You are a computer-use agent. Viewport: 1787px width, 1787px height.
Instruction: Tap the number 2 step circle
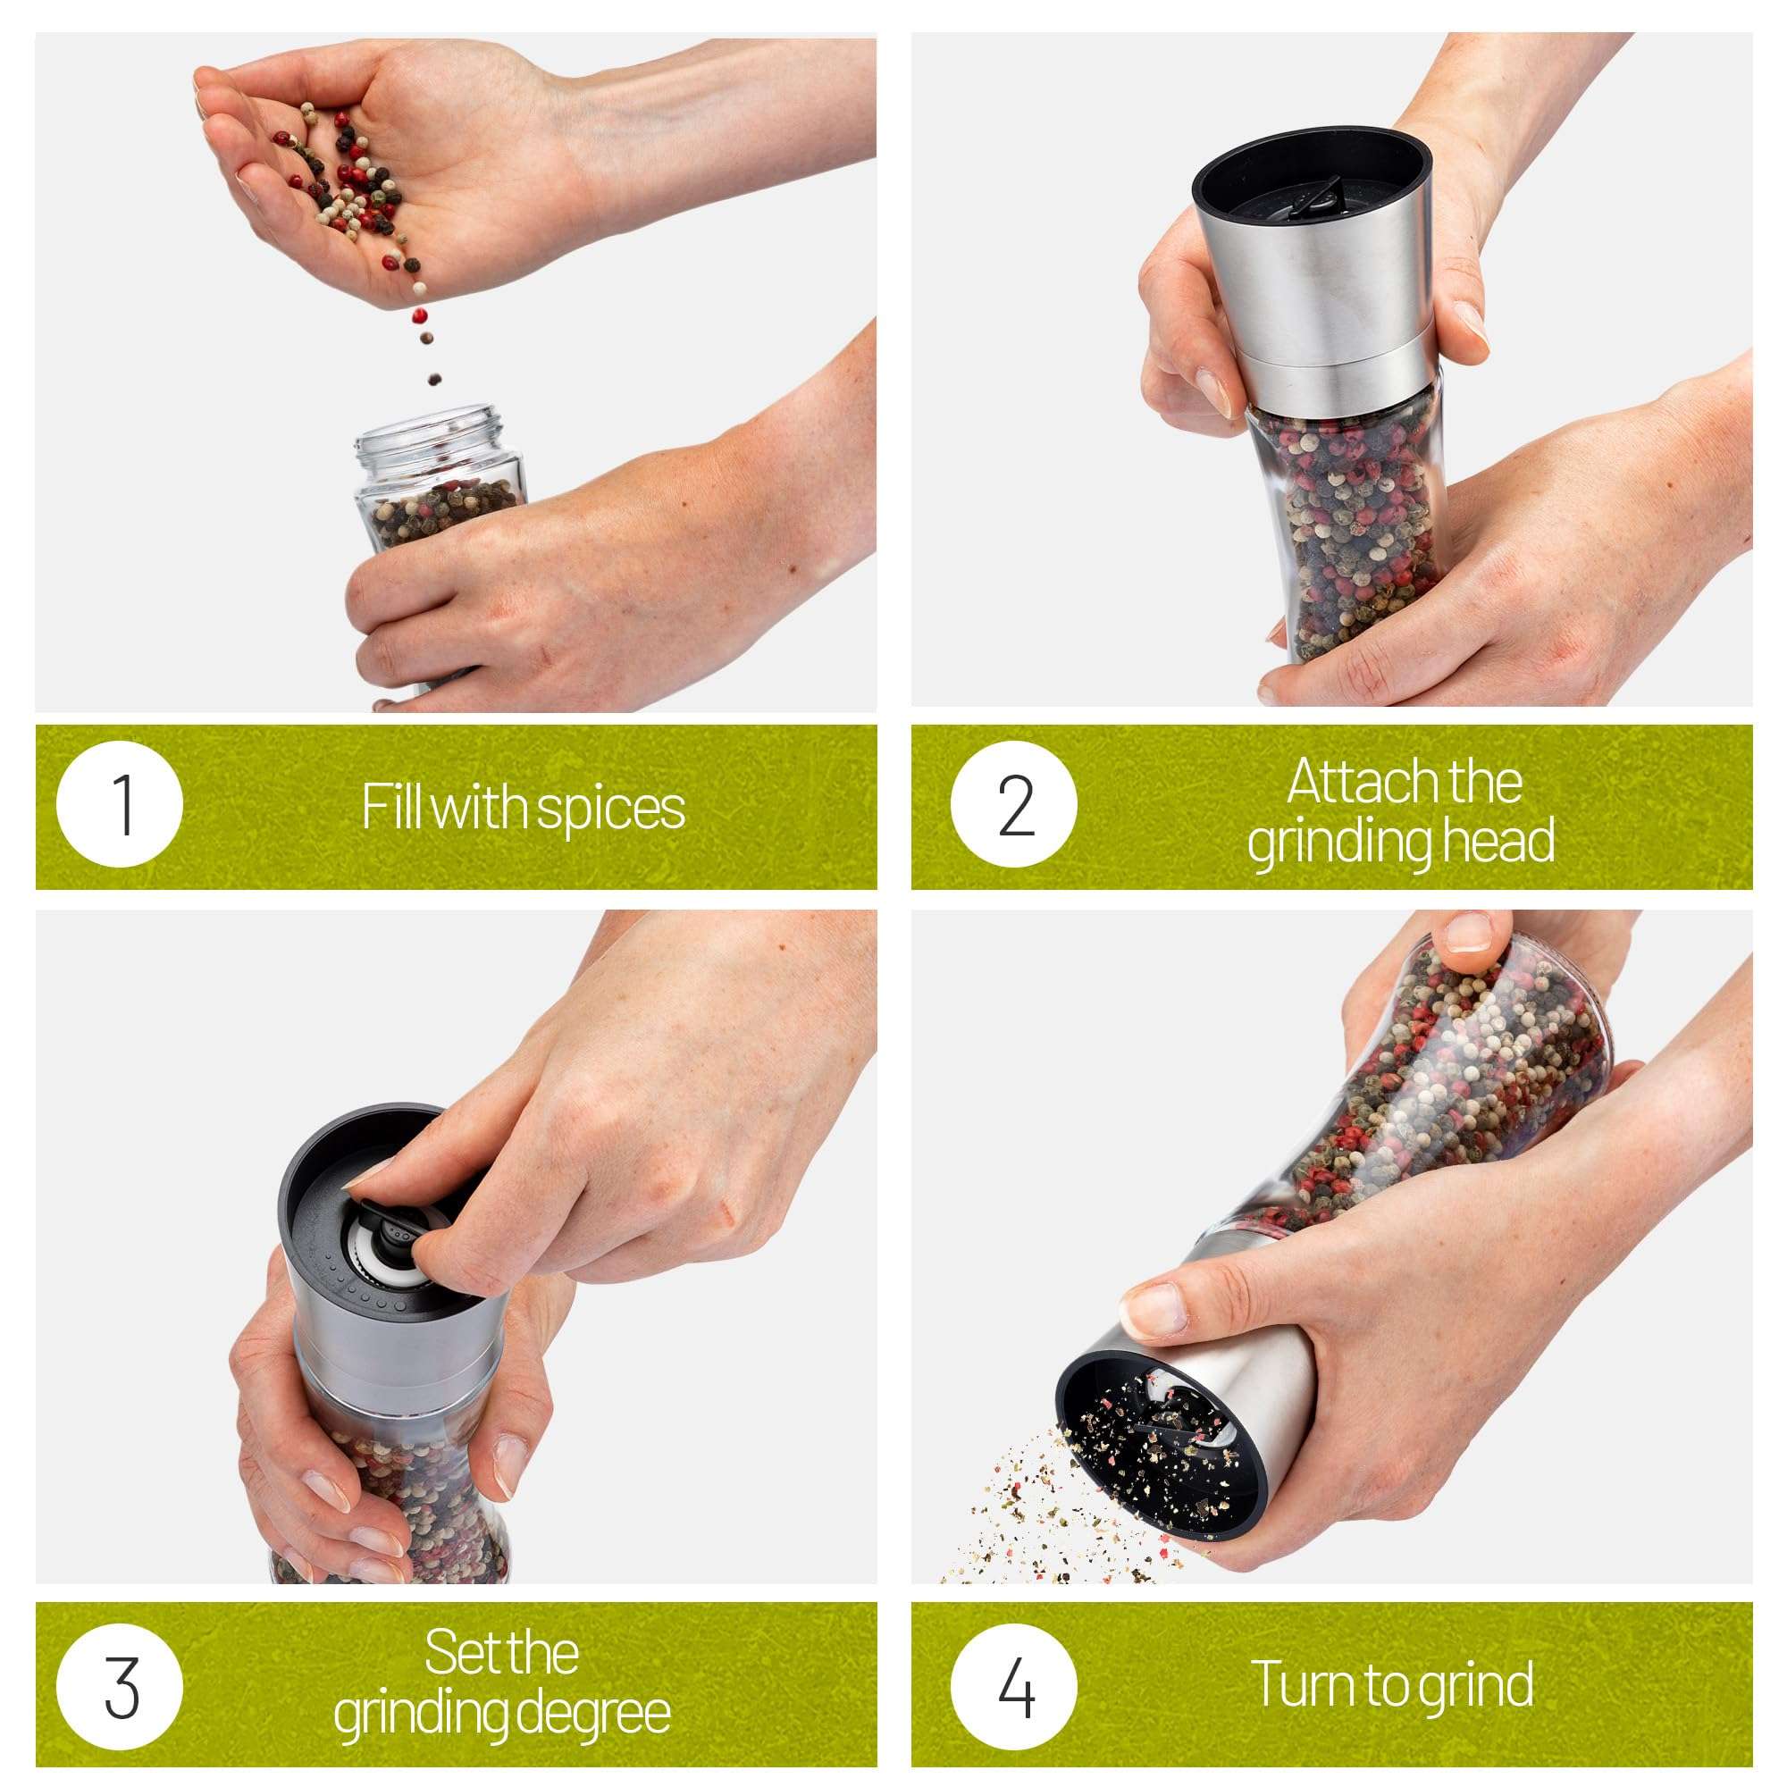(1014, 805)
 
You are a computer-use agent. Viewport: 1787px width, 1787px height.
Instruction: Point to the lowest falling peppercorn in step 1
(434, 379)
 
